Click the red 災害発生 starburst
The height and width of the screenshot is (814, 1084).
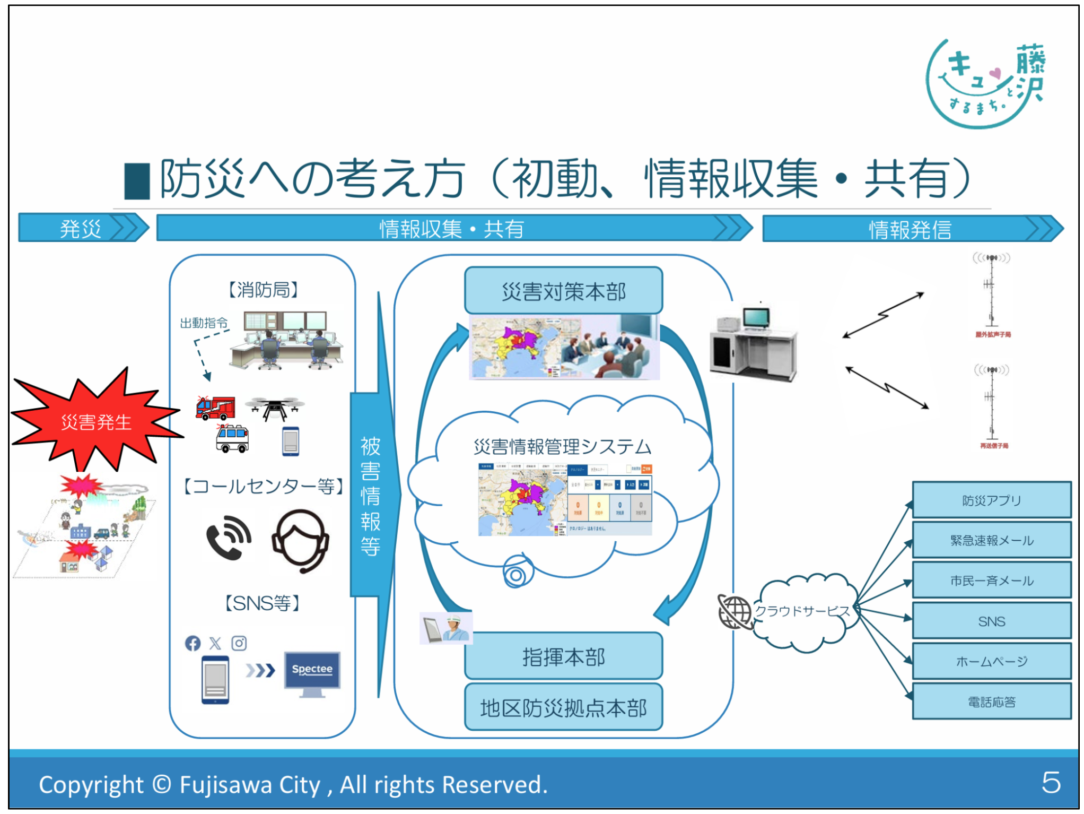(x=95, y=422)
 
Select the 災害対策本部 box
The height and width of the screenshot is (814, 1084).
(x=563, y=291)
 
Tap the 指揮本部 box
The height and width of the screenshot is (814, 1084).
(x=563, y=656)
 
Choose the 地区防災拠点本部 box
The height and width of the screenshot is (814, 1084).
(x=563, y=707)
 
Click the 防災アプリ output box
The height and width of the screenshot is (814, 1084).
(x=991, y=500)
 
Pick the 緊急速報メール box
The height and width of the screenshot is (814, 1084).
(x=991, y=540)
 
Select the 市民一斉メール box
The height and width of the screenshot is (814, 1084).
(x=991, y=581)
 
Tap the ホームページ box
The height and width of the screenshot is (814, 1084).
(x=991, y=661)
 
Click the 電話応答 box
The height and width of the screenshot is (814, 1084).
(x=991, y=702)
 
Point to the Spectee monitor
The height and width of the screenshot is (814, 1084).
(x=312, y=672)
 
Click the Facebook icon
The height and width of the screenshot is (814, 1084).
(x=193, y=643)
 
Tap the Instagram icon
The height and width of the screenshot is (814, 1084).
(x=239, y=643)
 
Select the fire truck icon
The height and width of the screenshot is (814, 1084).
(x=215, y=408)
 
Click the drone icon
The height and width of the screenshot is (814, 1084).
(x=275, y=408)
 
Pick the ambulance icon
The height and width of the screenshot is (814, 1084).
(x=232, y=438)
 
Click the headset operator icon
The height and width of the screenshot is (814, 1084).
(x=300, y=540)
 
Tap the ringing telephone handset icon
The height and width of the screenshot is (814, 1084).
(x=229, y=538)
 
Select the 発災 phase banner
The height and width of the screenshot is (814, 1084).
(x=82, y=228)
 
